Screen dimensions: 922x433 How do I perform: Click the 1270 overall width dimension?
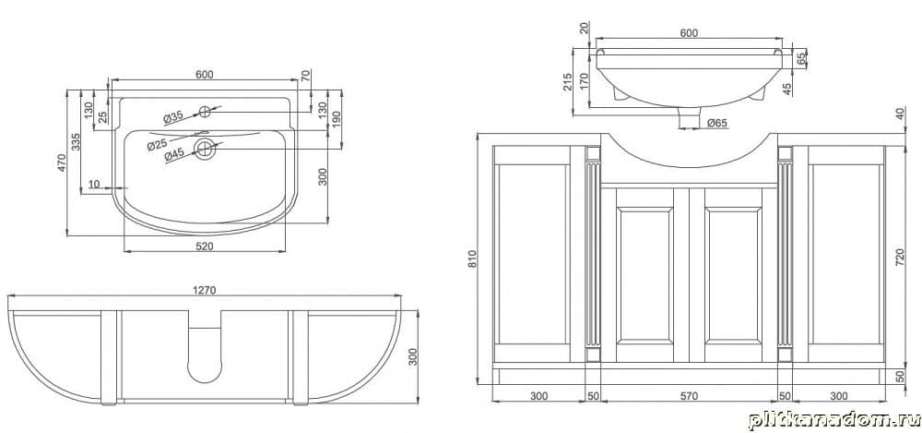pyautogui.click(x=204, y=290)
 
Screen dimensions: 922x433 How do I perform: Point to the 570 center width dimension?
pyautogui.click(x=689, y=396)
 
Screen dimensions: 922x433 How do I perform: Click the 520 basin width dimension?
pyautogui.click(x=204, y=247)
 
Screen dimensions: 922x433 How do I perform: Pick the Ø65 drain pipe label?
pyautogui.click(x=718, y=123)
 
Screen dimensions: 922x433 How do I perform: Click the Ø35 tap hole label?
pyautogui.click(x=173, y=117)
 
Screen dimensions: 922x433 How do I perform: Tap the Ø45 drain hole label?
pyautogui.click(x=174, y=155)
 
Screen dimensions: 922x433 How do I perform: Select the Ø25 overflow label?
pyautogui.click(x=158, y=143)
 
